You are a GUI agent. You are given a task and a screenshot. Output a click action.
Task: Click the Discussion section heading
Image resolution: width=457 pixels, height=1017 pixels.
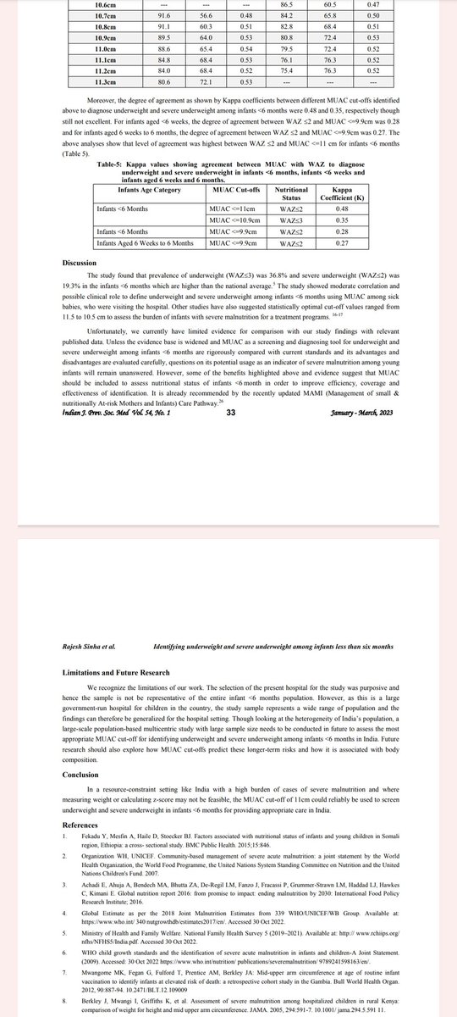pos(79,263)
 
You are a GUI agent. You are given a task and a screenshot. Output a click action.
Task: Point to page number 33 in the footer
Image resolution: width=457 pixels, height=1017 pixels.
pos(232,413)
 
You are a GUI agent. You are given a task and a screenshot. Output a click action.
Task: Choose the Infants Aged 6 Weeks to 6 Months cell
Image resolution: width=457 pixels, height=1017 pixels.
pos(146,244)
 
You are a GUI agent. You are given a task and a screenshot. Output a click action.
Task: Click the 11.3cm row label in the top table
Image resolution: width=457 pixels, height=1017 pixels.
pos(105,81)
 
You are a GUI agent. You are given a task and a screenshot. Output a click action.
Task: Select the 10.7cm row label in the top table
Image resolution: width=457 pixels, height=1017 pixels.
pos(105,14)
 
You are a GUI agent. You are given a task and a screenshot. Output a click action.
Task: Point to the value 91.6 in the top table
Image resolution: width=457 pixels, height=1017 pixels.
pos(164,14)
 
